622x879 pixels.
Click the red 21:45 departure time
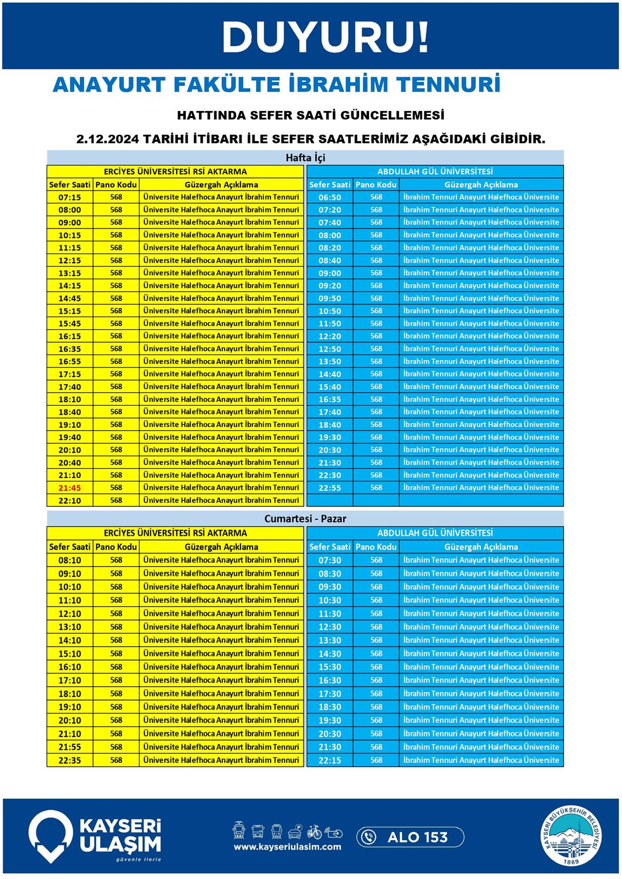click(69, 488)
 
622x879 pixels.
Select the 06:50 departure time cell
click(330, 197)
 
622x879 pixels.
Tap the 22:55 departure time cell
click(330, 488)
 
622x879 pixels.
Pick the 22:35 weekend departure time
click(69, 760)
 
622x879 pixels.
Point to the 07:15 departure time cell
click(69, 197)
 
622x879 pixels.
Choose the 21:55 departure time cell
click(69, 747)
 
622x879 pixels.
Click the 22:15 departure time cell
click(330, 760)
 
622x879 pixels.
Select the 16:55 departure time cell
click(69, 361)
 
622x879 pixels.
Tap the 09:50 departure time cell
click(330, 299)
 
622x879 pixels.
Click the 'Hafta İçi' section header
click(305, 157)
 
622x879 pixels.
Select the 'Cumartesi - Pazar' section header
click(305, 518)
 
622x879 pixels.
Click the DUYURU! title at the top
click(326, 37)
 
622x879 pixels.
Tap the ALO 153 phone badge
click(410, 837)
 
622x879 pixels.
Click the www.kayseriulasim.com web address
click(287, 847)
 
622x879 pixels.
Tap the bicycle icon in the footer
click(314, 832)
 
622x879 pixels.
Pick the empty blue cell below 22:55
click(330, 500)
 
